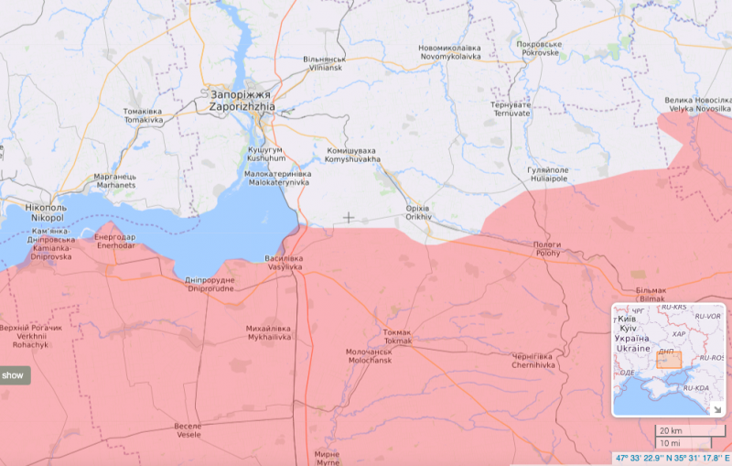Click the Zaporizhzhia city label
click(241, 100)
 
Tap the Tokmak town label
click(398, 336)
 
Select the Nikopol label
click(47, 213)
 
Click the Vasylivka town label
click(284, 263)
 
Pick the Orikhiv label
click(418, 213)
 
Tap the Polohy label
click(547, 249)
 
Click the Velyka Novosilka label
click(698, 103)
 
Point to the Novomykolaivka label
click(449, 51)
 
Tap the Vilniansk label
click(325, 63)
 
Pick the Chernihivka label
click(533, 361)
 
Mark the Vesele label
click(188, 430)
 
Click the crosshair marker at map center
click(349, 218)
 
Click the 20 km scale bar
click(677, 430)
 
